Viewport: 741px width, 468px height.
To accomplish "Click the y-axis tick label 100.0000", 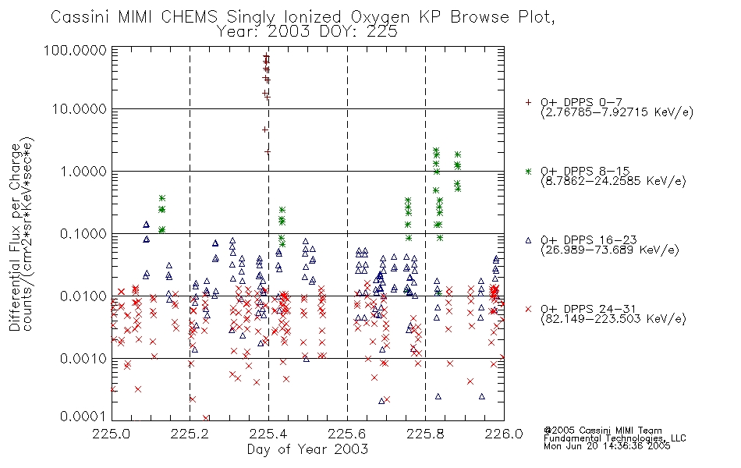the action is [75, 50].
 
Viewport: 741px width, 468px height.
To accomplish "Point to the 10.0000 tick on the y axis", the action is [79, 109].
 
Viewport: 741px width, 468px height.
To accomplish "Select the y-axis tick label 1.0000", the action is [83, 172].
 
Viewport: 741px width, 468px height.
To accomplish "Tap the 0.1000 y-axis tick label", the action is [83, 234].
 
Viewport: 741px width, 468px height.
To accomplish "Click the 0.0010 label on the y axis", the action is [83, 359].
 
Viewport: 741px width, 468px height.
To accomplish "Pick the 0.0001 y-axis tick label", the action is [83, 417].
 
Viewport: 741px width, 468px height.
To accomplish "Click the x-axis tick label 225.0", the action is [112, 434].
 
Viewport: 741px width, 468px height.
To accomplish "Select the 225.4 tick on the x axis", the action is [268, 434].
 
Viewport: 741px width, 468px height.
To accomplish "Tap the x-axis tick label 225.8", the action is [425, 434].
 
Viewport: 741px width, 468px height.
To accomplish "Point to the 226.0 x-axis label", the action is [504, 434].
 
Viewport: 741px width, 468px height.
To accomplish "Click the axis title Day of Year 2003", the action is [307, 449].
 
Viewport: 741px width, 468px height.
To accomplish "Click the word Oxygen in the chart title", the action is [381, 17].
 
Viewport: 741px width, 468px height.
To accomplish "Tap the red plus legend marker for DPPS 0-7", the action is [528, 102].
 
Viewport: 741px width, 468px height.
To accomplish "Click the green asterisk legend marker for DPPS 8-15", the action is [528, 171].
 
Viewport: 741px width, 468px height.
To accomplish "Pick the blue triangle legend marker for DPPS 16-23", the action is [528, 240].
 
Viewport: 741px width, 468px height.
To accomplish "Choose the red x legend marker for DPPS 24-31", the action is [528, 309].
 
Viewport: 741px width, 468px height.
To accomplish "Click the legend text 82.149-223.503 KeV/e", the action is [613, 319].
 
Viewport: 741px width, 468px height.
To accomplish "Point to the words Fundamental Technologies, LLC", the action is [615, 438].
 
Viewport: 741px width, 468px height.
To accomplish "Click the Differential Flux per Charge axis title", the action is [15, 237].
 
